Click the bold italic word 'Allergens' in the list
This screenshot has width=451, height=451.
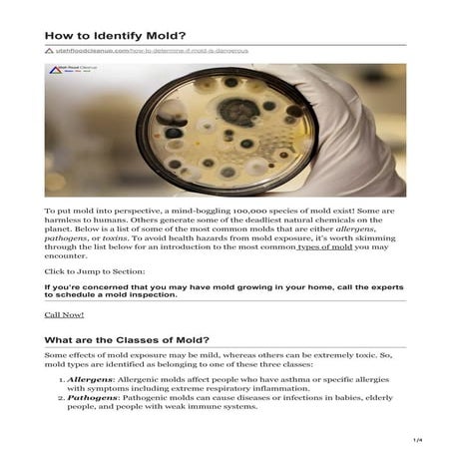[x=88, y=381]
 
